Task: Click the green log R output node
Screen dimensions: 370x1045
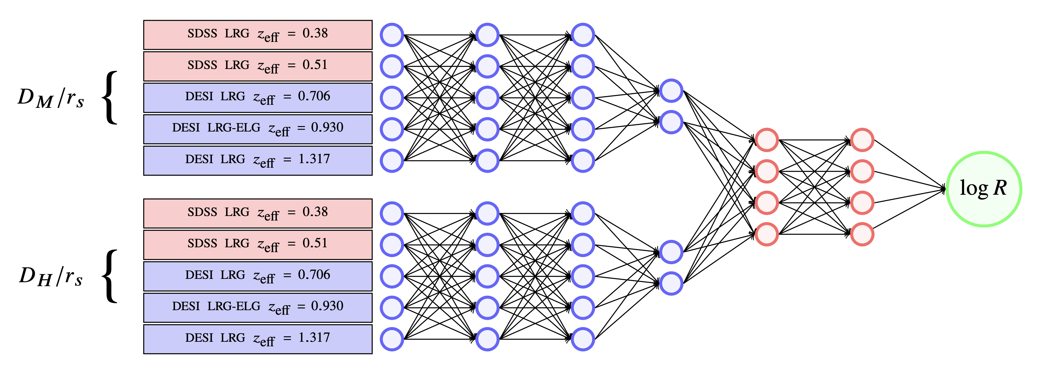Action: (984, 189)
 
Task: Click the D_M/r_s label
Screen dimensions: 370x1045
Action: (51, 98)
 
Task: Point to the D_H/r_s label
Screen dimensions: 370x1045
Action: (51, 277)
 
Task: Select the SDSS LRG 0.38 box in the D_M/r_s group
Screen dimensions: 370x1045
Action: (257, 35)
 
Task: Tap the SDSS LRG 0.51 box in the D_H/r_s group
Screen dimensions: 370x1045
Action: (257, 245)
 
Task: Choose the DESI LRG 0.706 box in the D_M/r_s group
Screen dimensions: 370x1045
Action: (257, 98)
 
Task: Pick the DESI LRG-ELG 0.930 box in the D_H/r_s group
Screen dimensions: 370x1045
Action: (257, 308)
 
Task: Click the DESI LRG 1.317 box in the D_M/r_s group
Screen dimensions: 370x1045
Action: (257, 160)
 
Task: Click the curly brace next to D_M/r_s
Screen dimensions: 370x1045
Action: (109, 98)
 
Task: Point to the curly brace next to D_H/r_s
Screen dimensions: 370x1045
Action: (109, 276)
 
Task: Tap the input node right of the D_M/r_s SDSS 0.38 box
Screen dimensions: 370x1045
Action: (392, 35)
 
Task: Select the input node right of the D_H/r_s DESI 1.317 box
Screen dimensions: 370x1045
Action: (392, 339)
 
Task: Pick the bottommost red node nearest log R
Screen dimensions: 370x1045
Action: (862, 234)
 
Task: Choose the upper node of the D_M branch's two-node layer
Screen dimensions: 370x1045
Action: (671, 90)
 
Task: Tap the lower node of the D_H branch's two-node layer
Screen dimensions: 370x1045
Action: (671, 283)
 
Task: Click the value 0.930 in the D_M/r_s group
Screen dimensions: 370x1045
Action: (327, 127)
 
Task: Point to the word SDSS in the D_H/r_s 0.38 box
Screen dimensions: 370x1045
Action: (202, 212)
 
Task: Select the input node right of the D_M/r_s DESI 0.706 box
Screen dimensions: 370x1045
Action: (392, 98)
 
